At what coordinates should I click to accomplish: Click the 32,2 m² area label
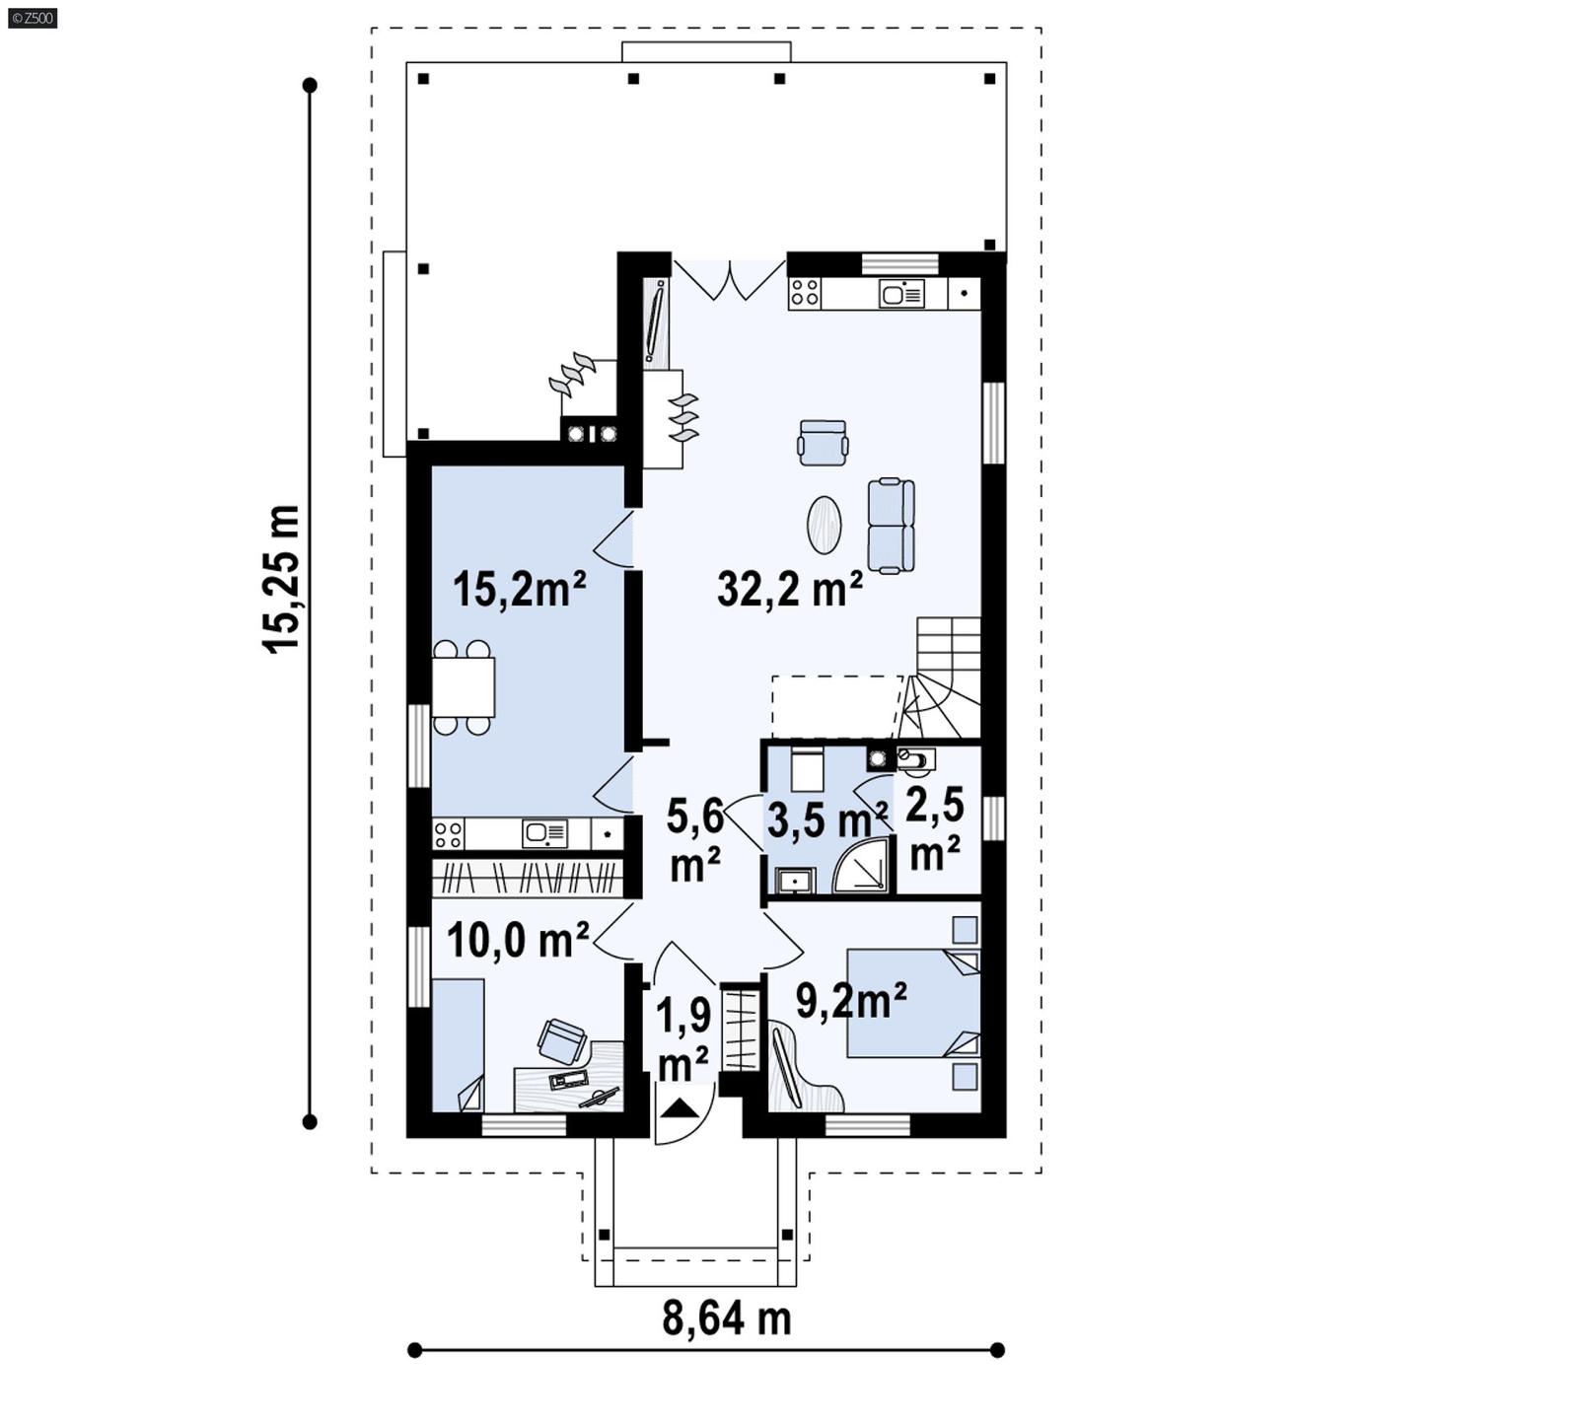click(789, 589)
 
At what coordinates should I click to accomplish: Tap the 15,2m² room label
click(519, 589)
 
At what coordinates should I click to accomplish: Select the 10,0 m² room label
click(518, 940)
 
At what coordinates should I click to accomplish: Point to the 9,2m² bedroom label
click(851, 1001)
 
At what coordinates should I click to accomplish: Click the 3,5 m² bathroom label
click(826, 819)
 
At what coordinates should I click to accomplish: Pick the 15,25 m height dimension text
click(281, 578)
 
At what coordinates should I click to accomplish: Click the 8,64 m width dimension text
click(726, 1317)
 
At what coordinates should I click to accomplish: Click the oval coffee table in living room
click(825, 524)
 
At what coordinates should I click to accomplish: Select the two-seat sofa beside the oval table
click(891, 526)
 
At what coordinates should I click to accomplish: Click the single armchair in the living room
click(823, 442)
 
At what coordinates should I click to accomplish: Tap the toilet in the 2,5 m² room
click(914, 758)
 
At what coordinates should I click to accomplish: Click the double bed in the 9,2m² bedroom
click(912, 1002)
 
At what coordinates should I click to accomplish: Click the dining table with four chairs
click(463, 686)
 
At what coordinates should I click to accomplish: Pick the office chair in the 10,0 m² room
click(561, 1039)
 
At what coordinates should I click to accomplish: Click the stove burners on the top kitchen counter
click(804, 293)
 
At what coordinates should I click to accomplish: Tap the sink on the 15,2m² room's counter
click(543, 833)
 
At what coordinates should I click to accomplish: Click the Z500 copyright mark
click(32, 17)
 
